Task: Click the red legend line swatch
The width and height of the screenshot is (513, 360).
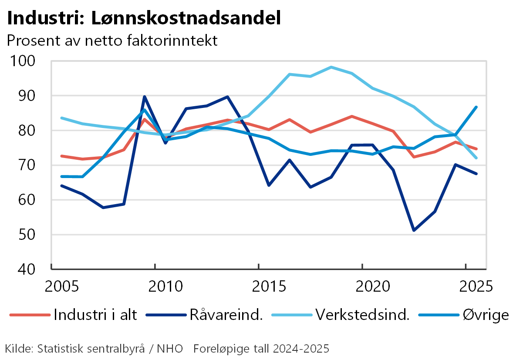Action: click(30, 315)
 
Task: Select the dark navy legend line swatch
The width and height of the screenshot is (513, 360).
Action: click(166, 315)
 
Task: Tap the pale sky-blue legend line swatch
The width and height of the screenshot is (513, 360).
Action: click(292, 315)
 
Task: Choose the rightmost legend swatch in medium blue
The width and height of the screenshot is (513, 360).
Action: click(439, 315)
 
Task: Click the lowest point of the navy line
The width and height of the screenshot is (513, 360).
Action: click(414, 230)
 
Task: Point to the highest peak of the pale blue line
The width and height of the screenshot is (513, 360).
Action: click(331, 67)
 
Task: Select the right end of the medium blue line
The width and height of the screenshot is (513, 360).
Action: click(476, 107)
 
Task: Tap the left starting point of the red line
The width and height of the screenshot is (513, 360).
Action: click(61, 155)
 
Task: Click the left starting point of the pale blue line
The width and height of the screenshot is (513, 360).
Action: click(61, 118)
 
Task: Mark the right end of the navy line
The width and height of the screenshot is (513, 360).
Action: click(476, 174)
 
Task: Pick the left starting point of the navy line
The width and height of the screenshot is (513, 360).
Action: click(61, 185)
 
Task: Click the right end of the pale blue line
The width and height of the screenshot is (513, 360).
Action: click(476, 158)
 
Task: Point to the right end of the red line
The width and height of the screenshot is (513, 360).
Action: click(476, 149)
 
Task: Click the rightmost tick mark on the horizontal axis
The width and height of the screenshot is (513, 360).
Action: click(466, 266)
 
